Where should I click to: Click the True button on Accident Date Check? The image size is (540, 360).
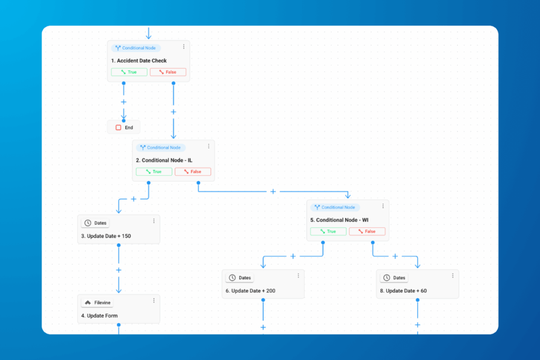129,72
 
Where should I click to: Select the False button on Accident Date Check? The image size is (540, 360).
168,72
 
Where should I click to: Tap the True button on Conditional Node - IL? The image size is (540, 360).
154,171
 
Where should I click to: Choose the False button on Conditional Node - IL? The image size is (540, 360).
193,171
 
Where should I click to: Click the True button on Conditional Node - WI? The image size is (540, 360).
328,231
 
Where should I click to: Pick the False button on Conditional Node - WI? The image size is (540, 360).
367,231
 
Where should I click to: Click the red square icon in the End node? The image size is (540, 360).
119,128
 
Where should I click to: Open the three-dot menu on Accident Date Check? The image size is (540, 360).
184,46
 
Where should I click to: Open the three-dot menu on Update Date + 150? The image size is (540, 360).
154,221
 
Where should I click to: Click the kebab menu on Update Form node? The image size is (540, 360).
154,300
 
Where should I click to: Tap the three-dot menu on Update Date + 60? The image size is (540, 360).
452,276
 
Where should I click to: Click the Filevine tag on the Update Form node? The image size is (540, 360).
98,303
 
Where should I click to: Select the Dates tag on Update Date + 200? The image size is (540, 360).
240,278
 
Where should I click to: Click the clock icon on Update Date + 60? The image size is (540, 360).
387,278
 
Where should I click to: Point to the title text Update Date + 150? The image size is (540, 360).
105,236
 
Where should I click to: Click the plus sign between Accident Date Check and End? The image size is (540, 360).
123,102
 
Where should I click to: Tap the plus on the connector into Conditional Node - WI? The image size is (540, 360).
273,191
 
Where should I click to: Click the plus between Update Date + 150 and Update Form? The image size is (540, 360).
119,270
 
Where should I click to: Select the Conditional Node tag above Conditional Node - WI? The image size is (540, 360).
335,207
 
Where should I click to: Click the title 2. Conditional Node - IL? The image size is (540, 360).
164,160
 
